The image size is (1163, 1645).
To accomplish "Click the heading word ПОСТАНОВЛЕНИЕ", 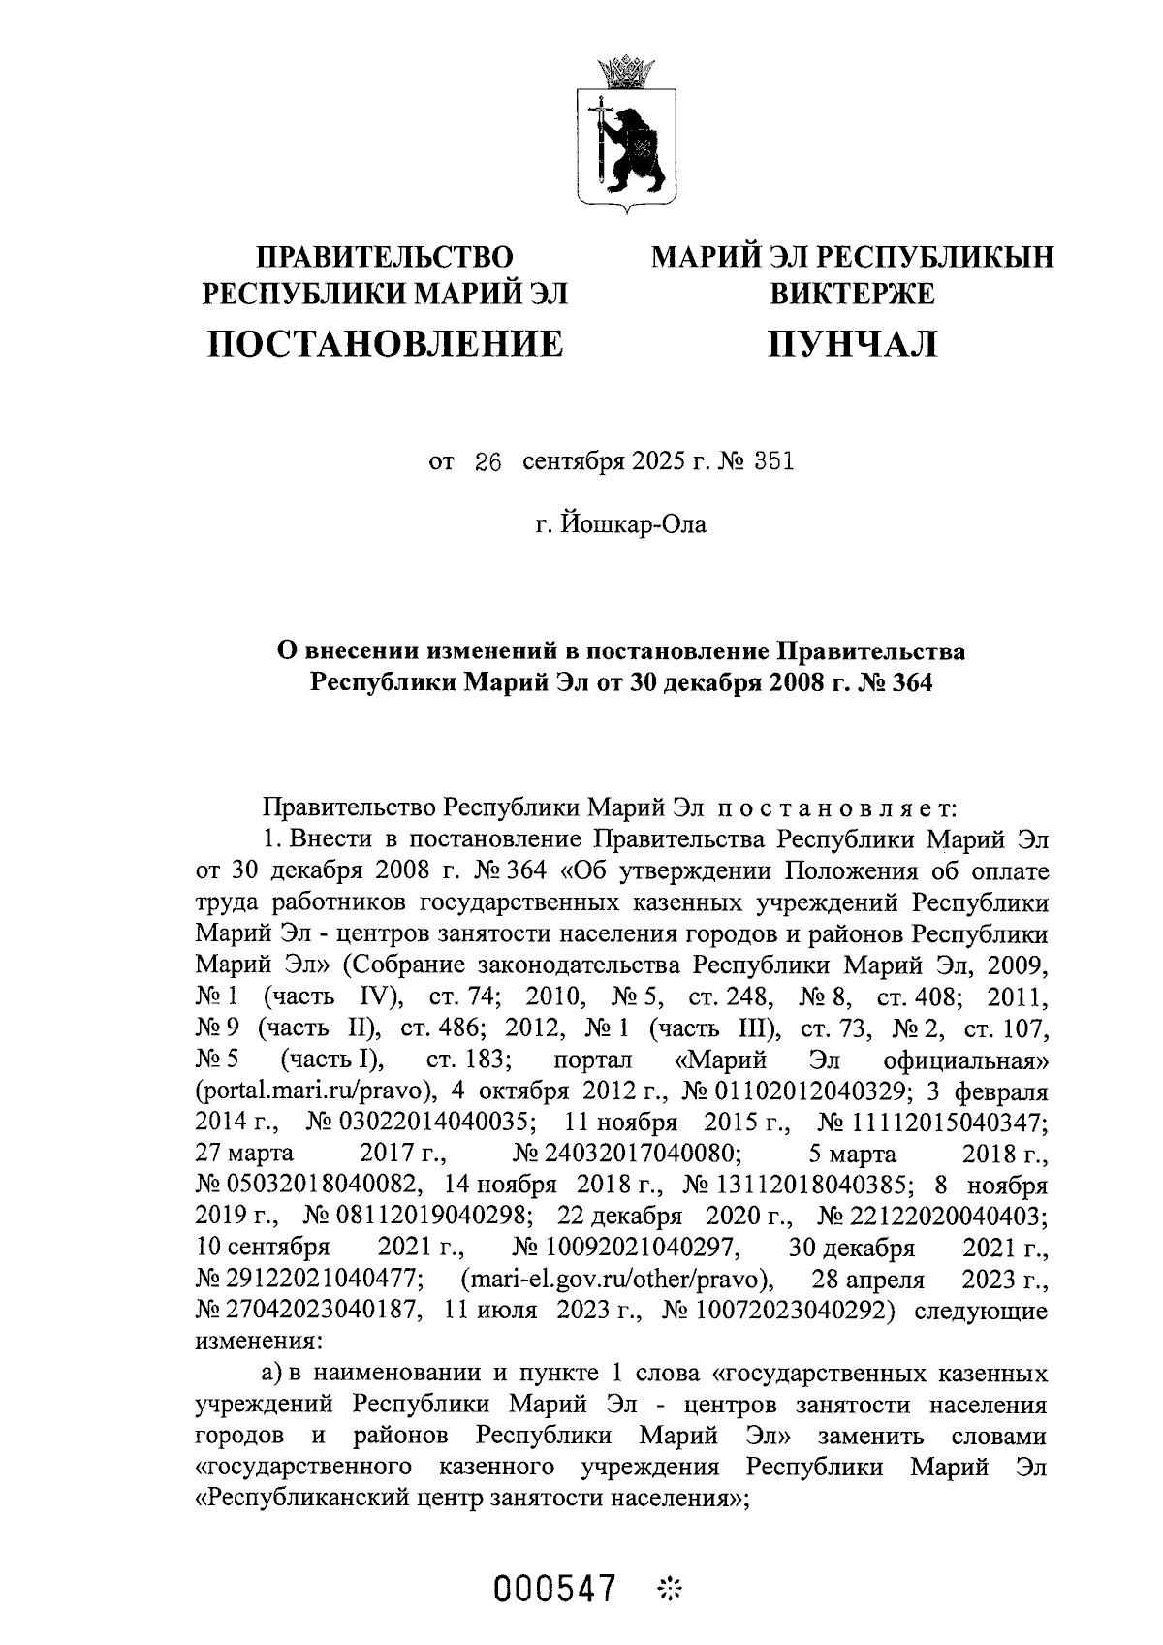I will point(386,343).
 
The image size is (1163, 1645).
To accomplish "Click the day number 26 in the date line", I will point(487,462).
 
